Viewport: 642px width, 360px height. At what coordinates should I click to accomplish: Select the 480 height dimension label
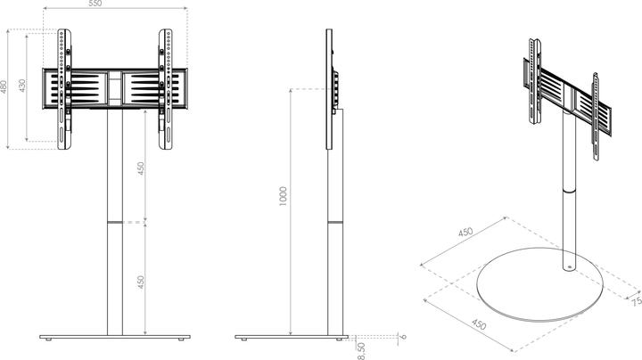[4, 87]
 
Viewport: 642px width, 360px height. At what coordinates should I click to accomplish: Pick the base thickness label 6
[403, 337]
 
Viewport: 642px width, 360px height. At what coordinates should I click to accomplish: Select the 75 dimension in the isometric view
[636, 302]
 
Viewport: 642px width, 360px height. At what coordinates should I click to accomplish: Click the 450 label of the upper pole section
[140, 170]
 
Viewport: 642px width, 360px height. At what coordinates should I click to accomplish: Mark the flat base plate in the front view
[114, 338]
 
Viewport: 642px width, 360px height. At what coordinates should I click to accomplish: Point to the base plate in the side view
[292, 338]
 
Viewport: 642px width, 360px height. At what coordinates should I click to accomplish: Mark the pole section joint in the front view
[114, 221]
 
